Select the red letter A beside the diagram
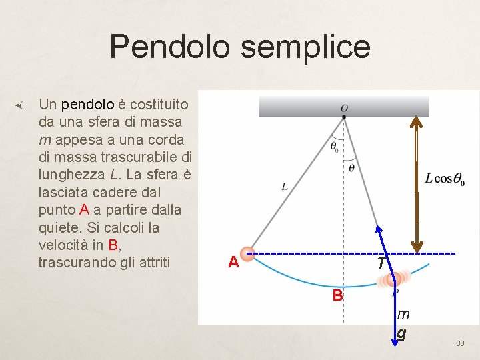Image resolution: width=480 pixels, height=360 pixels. tap(233, 263)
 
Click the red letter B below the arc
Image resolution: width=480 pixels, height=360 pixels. tap(338, 295)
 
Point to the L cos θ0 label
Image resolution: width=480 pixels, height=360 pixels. tap(445, 179)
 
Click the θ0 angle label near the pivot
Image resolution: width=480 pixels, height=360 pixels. tap(334, 146)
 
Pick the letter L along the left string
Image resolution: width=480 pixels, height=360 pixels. tap(285, 187)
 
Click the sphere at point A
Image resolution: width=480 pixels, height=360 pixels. tap(247, 253)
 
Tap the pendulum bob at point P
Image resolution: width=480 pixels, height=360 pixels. tap(395, 279)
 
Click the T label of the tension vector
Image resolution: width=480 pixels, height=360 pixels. tap(381, 264)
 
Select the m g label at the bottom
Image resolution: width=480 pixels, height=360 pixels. tap(403, 323)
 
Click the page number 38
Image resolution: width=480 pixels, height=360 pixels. tap(460, 343)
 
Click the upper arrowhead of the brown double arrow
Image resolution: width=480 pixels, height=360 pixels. tap(417, 123)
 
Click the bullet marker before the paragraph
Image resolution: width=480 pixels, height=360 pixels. tap(19, 105)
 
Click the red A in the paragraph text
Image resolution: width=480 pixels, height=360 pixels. tap(84, 209)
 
